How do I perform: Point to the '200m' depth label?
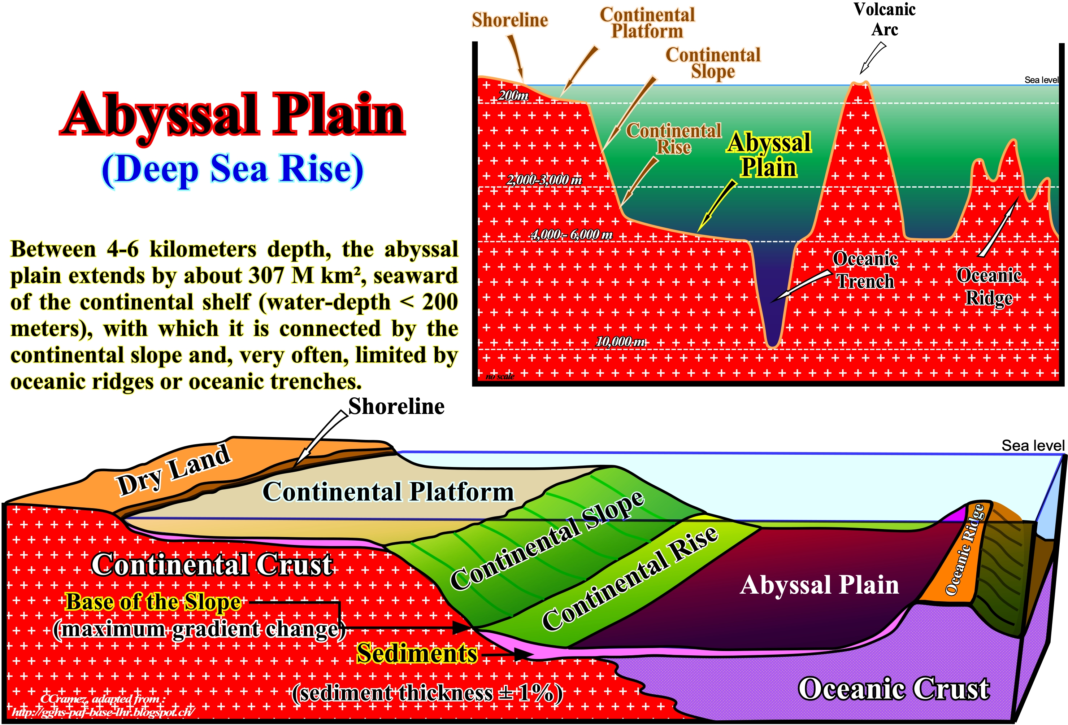tap(513, 96)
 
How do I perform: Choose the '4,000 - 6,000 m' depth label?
tap(572, 235)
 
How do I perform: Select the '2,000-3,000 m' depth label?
tap(544, 180)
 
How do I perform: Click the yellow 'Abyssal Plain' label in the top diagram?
tap(768, 154)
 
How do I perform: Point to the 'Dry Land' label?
tap(174, 469)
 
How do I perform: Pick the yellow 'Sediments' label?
tap(417, 653)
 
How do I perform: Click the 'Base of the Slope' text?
tap(153, 602)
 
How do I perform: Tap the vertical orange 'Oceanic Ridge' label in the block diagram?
tap(965, 550)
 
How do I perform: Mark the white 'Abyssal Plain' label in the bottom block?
tap(819, 585)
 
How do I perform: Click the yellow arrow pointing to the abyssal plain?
tap(717, 206)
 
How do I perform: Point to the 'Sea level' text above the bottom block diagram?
tap(1033, 446)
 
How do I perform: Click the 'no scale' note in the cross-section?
tap(500, 376)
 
